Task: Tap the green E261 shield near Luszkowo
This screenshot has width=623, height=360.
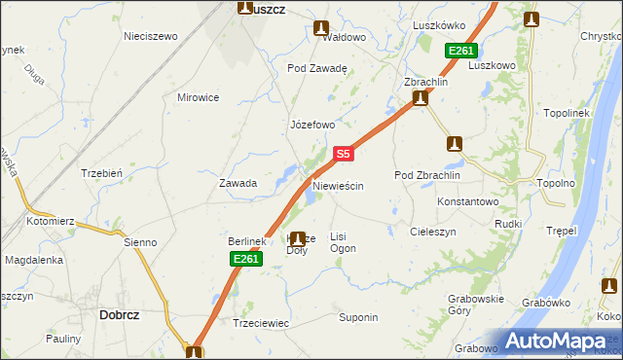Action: pos(461,52)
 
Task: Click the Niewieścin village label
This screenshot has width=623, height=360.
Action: pos(338,185)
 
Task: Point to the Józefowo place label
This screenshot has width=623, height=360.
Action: pos(312,125)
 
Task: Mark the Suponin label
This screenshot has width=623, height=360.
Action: pos(357,317)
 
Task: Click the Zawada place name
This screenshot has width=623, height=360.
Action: pos(238,183)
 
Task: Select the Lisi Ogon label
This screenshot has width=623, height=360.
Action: pos(344,242)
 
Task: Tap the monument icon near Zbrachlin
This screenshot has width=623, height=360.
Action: pos(421,99)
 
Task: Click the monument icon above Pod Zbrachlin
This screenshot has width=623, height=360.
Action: pos(454,144)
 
